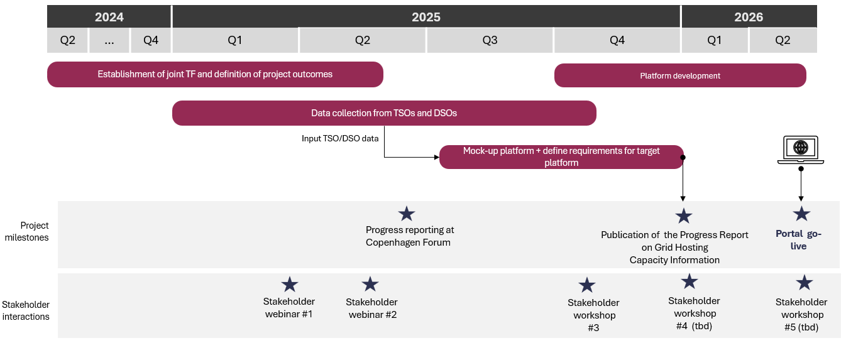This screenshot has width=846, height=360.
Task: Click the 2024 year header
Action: click(109, 17)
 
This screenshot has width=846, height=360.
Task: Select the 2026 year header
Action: click(749, 17)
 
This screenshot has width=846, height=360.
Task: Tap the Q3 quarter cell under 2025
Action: click(490, 40)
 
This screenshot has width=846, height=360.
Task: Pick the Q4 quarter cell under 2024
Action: click(151, 40)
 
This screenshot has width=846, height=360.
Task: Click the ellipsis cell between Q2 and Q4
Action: click(109, 40)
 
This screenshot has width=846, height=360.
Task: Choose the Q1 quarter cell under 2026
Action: click(715, 40)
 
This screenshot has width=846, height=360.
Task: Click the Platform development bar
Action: click(680, 75)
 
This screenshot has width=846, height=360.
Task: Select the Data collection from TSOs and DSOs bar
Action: click(384, 113)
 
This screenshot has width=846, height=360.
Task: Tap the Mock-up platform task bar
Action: click(561, 156)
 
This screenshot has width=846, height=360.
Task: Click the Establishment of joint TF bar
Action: click(215, 74)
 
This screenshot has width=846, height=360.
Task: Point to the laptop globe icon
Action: click(800, 149)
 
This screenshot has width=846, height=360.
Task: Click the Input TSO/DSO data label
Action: click(340, 138)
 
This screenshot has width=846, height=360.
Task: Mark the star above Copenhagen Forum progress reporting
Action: click(407, 214)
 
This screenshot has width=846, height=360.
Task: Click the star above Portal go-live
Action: click(801, 214)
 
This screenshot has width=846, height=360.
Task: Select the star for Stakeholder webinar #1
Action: click(289, 285)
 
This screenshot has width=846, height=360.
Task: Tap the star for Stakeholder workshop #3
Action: click(586, 285)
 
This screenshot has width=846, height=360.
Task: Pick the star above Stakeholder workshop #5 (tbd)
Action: click(804, 283)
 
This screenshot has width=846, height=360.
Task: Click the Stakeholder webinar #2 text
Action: click(372, 308)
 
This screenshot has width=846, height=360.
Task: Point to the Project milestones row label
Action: click(35, 231)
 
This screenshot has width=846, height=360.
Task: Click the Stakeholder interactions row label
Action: click(26, 310)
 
